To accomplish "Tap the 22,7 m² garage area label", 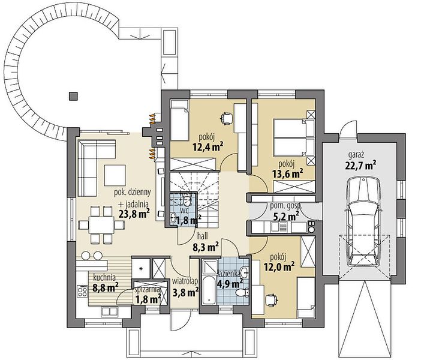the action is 360,166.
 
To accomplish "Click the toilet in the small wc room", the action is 187,200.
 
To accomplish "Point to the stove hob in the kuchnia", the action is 82,291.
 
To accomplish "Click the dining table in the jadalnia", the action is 101,226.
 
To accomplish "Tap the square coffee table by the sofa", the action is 115,175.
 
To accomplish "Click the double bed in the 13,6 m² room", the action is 293,137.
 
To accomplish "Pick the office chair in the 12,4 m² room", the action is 227,117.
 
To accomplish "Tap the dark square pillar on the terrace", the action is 73,96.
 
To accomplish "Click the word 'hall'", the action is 203,236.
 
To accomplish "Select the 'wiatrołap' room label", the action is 185,281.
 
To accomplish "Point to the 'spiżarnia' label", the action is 147,290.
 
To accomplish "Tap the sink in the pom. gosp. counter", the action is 275,227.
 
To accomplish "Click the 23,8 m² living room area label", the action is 134,214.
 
